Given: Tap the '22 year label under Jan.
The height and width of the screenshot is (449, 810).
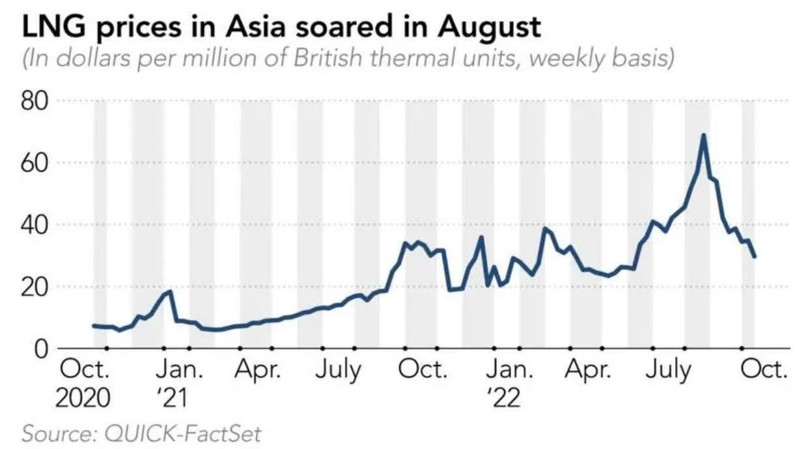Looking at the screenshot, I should [x=505, y=399].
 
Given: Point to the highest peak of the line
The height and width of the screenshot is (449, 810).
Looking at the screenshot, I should [x=704, y=135].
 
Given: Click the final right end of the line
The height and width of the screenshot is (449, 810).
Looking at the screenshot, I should [x=754, y=257].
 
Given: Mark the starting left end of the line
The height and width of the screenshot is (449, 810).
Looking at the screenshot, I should [x=93, y=326].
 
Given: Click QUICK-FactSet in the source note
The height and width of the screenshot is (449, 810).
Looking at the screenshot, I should [x=177, y=434].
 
